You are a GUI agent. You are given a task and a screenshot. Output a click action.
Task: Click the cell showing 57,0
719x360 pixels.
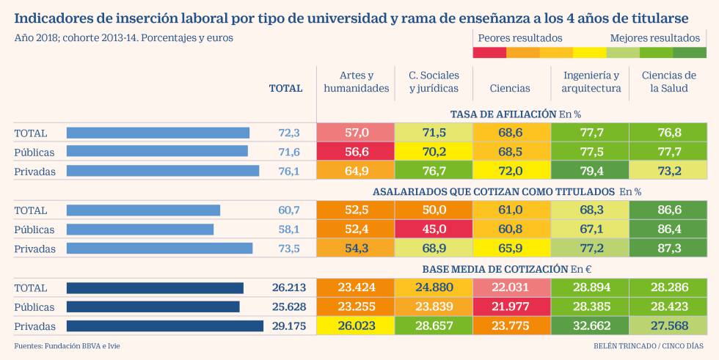356,133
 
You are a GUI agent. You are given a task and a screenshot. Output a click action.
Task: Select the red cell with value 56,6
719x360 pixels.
356,152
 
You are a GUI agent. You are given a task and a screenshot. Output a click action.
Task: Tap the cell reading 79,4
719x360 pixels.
591,171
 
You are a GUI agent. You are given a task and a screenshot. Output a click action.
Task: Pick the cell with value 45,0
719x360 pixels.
434,229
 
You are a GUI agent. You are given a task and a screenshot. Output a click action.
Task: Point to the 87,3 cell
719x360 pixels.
668,249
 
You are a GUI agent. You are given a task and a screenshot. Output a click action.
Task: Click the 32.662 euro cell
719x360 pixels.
591,326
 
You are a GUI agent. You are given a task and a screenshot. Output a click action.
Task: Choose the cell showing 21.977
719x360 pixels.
512,306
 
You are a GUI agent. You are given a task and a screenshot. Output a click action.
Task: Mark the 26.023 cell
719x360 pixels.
356,326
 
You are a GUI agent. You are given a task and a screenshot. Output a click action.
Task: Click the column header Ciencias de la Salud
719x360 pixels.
668,81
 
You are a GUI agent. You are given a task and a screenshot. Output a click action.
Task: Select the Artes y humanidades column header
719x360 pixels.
356,81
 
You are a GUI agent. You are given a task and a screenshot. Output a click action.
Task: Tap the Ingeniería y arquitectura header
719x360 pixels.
591,81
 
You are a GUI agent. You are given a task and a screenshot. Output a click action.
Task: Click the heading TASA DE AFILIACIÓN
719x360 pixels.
503,114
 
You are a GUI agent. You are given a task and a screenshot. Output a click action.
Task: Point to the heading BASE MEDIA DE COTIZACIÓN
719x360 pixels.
484,268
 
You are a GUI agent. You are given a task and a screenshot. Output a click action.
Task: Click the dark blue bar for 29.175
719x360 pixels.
165,326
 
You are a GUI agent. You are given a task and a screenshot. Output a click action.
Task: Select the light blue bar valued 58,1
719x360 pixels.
140,229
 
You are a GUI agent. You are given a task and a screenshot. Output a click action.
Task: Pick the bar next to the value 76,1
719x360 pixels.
163,171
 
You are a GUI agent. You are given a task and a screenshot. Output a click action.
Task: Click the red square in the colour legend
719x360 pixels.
489,52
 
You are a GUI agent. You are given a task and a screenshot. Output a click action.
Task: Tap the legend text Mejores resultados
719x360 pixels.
654,37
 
